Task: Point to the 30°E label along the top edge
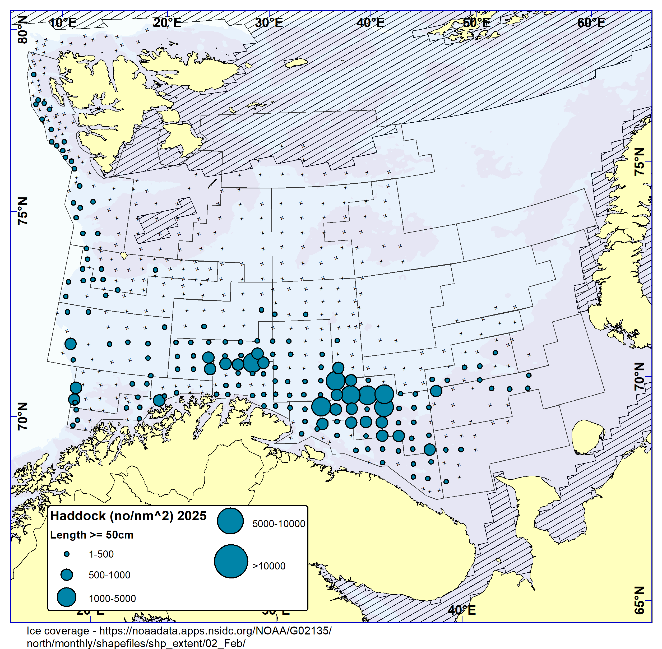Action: [x=269, y=23]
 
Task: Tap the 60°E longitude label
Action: [x=591, y=23]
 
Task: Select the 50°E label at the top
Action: [x=476, y=23]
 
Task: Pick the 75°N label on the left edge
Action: [x=22, y=211]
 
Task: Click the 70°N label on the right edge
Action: [x=640, y=376]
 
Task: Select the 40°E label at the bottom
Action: [x=462, y=610]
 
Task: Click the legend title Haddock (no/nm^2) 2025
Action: [x=128, y=516]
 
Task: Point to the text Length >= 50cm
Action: [x=92, y=535]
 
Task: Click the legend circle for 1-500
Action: [x=67, y=554]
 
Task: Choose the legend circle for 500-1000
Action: [x=67, y=575]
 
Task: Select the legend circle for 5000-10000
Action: [x=230, y=521]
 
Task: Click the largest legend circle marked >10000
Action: [x=231, y=561]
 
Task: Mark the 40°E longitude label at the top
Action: [x=371, y=23]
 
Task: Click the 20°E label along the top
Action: [x=167, y=23]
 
